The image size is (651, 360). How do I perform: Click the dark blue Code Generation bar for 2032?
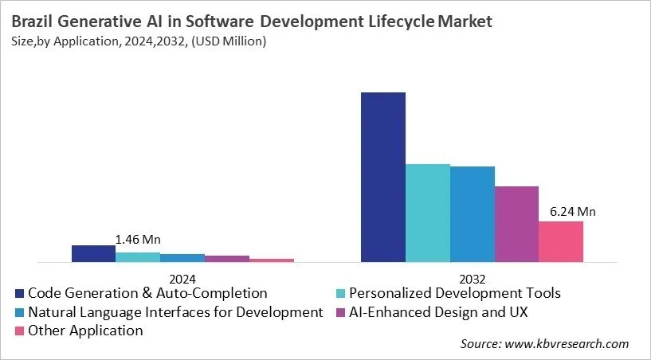pyautogui.click(x=383, y=177)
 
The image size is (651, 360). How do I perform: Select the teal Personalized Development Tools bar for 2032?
pyautogui.click(x=428, y=213)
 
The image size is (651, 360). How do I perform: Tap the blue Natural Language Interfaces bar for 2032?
pyautogui.click(x=473, y=213)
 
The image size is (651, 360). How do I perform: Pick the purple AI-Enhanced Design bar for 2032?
pyautogui.click(x=516, y=224)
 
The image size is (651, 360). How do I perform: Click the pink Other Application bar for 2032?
pyautogui.click(x=561, y=241)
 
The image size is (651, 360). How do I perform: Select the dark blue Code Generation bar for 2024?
pyautogui.click(x=93, y=253)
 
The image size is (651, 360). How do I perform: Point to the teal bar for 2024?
pyautogui.click(x=138, y=256)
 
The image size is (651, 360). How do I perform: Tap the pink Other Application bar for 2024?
pyautogui.click(x=272, y=260)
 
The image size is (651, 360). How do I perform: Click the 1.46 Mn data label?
pyautogui.click(x=138, y=239)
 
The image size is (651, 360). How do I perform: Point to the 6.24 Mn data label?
pyautogui.click(x=573, y=212)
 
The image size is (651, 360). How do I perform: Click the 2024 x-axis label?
pyautogui.click(x=182, y=279)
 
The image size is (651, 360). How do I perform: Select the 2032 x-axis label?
pyautogui.click(x=473, y=279)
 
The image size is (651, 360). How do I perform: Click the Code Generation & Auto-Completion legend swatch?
pyautogui.click(x=20, y=294)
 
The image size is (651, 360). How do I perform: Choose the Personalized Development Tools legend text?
pyautogui.click(x=455, y=293)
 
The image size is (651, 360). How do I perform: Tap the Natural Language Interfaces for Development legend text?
pyautogui.click(x=175, y=311)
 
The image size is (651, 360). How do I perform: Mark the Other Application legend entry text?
pyautogui.click(x=85, y=330)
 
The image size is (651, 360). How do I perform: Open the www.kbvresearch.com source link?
pyautogui.click(x=568, y=344)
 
